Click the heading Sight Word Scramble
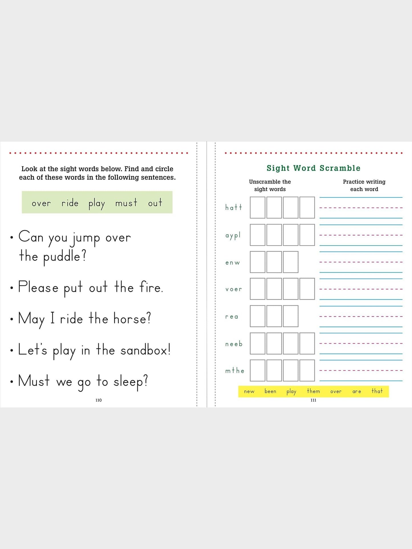pyautogui.click(x=313, y=168)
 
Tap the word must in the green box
pyautogui.click(x=126, y=203)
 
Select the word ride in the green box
pyautogui.click(x=70, y=203)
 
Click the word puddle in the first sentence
pyautogui.click(x=64, y=256)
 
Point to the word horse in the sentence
pyautogui.click(x=132, y=318)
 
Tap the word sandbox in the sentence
pyautogui.click(x=145, y=350)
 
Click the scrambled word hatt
pyautogui.click(x=234, y=207)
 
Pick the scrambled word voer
pyautogui.click(x=234, y=289)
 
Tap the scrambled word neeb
pyautogui.click(x=234, y=344)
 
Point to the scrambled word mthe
pyautogui.click(x=235, y=371)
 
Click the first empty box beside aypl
pyautogui.click(x=257, y=235)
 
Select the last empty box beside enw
pyautogui.click(x=291, y=262)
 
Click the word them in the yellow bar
pyautogui.click(x=313, y=391)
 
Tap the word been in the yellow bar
pyautogui.click(x=270, y=391)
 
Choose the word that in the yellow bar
pyautogui.click(x=377, y=391)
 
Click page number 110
pyautogui.click(x=98, y=400)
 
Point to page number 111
pyautogui.click(x=313, y=400)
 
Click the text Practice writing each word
pyautogui.click(x=364, y=185)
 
